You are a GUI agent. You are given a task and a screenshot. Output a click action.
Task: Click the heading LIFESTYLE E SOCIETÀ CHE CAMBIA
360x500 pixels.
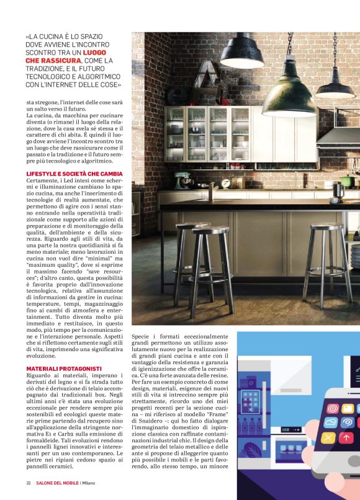(x=74, y=173)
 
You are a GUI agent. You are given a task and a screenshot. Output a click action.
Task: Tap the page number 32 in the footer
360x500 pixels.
(x=29, y=483)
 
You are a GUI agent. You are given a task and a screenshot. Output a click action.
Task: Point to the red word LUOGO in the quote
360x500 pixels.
(x=102, y=53)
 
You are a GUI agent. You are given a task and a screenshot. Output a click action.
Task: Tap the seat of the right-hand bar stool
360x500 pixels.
(x=327, y=228)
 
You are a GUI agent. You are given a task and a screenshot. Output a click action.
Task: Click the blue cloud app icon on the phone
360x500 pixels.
(x=331, y=422)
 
